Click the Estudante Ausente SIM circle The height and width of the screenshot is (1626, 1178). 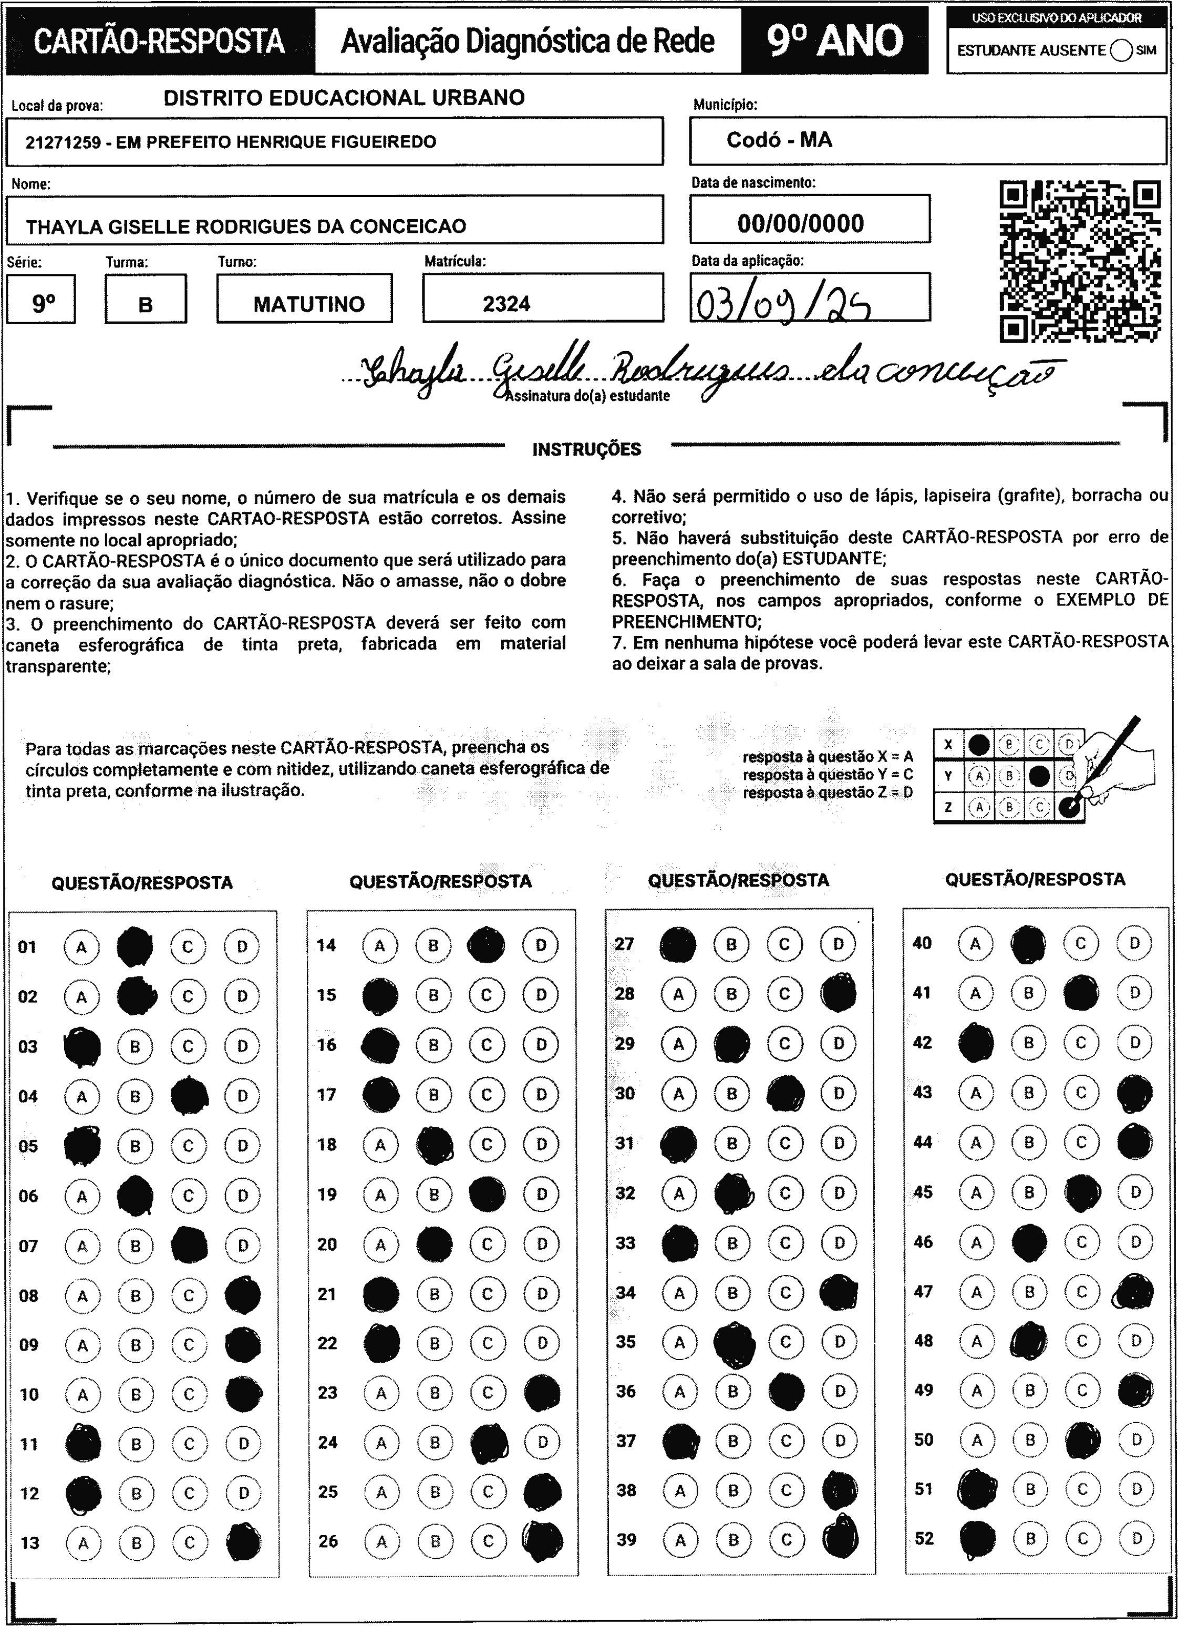[x=1121, y=51]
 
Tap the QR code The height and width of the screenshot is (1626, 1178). [x=1080, y=262]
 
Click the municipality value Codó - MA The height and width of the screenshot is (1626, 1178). [x=779, y=140]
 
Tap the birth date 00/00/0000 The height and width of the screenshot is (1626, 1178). [x=800, y=224]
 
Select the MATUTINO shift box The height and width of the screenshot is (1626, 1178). [x=308, y=304]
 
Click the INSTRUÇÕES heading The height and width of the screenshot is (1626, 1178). [x=586, y=449]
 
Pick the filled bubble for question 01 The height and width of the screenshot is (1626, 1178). [x=135, y=947]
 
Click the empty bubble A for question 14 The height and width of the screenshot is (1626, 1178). [x=380, y=945]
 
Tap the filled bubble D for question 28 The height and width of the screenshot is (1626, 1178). [x=838, y=994]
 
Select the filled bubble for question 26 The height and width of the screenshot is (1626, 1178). [x=543, y=1541]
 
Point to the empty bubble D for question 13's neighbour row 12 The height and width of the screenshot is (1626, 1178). [x=243, y=1494]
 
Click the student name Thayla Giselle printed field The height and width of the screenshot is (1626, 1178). [x=246, y=227]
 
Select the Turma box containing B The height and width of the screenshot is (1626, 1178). [x=146, y=304]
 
